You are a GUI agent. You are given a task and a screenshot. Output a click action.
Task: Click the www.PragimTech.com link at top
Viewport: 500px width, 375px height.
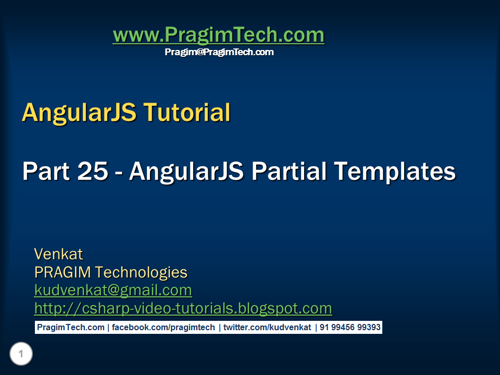[x=218, y=35]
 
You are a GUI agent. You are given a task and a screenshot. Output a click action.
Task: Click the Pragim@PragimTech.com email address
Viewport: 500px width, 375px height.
[x=219, y=52]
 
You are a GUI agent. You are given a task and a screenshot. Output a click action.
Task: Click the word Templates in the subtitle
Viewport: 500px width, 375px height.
[x=394, y=171]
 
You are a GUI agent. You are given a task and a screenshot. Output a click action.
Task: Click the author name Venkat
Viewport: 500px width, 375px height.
[x=58, y=254]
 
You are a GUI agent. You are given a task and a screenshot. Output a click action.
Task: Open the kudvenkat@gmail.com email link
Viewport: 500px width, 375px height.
[x=113, y=290]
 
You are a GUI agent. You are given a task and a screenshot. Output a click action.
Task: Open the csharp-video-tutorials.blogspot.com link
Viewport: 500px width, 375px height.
[x=183, y=308]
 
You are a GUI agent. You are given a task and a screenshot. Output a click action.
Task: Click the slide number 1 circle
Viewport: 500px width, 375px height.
[x=21, y=355]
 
